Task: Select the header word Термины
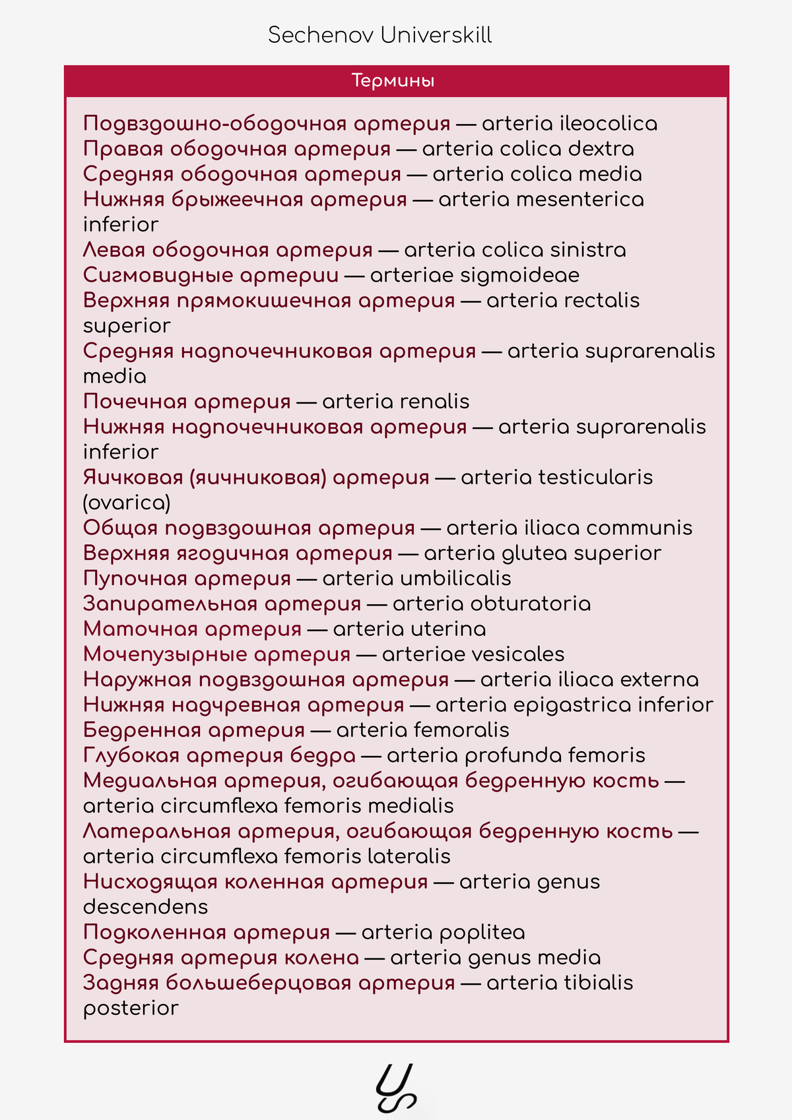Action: pos(393,81)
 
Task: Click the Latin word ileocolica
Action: pos(608,124)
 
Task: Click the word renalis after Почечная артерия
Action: pos(438,402)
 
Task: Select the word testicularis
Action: pos(595,478)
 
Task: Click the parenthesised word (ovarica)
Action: pos(127,503)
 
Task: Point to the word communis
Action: pos(639,528)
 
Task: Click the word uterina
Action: pos(448,629)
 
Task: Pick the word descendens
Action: pos(145,908)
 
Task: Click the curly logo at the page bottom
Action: pos(396,1088)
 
